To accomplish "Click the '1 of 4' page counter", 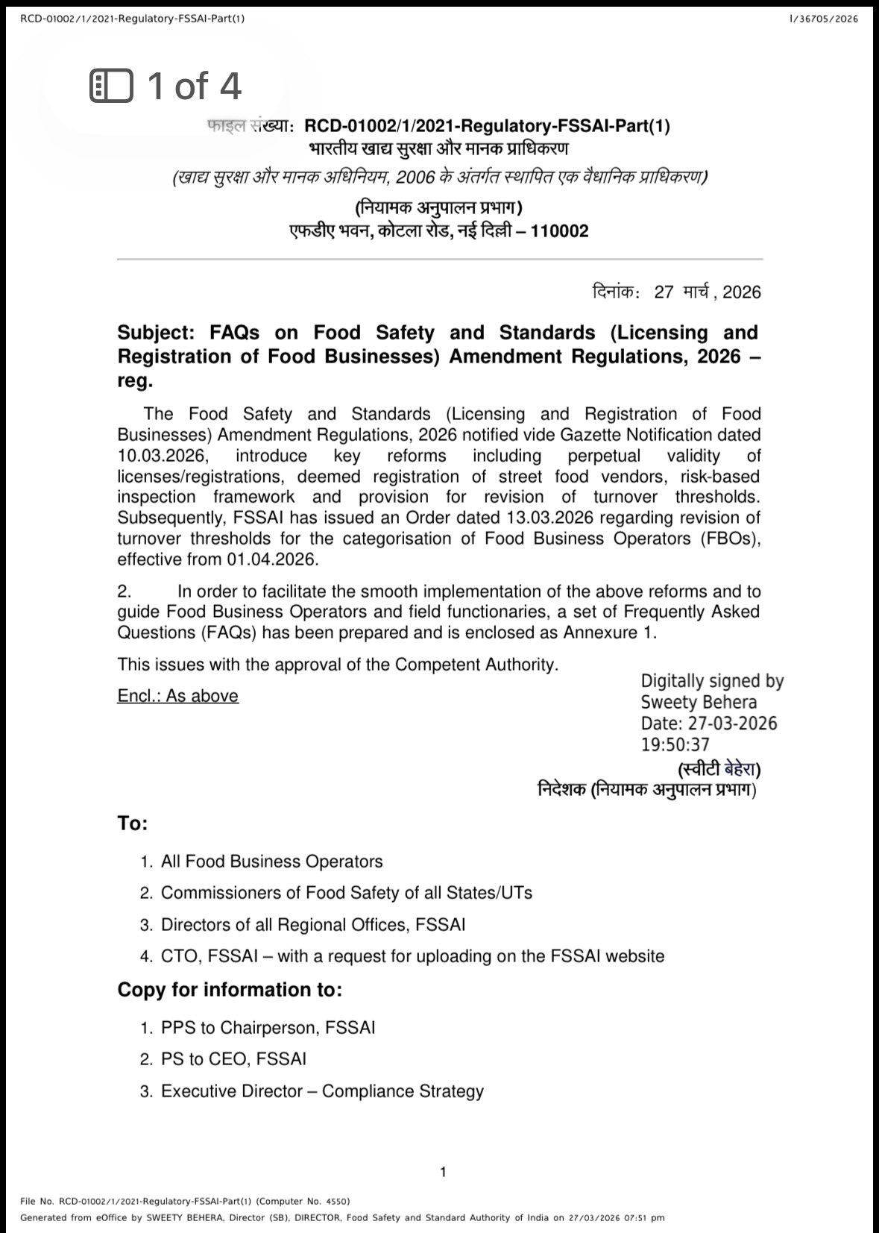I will (x=194, y=86).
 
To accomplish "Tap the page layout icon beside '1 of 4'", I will (x=111, y=86).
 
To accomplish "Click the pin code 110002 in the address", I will (x=559, y=231).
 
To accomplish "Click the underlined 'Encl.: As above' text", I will (x=177, y=696).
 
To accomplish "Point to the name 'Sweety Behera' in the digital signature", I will (x=699, y=702).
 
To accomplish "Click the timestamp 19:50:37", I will (x=675, y=744).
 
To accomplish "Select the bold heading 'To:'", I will (x=133, y=823).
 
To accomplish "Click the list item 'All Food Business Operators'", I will (x=271, y=862).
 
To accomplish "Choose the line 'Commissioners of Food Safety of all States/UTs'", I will (x=347, y=893).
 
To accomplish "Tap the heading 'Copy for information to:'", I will (x=230, y=990).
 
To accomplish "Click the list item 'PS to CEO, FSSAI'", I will (x=233, y=1059).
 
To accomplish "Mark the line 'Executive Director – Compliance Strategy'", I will (x=322, y=1091).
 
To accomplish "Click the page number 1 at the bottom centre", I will (x=443, y=1172).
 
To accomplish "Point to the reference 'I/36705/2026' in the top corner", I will (x=823, y=19).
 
